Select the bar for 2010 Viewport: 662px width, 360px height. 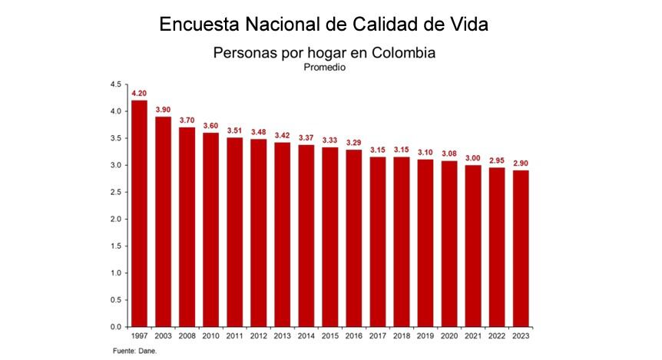210,230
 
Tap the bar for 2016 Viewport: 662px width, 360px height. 353,238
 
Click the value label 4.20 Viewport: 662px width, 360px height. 139,94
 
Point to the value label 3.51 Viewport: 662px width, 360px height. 234,130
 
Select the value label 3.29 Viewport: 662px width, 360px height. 353,143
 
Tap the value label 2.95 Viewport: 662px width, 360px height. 497,161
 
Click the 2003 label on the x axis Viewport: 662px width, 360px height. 163,335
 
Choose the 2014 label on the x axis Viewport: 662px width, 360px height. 306,335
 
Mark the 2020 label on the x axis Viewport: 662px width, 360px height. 449,335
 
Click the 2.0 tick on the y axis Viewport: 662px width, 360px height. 116,220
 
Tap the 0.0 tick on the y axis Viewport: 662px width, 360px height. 116,327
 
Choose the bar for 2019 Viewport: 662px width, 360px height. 425,243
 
